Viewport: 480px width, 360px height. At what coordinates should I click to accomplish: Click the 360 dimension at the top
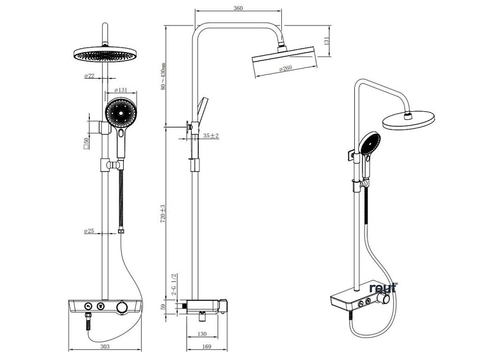pyautogui.click(x=238, y=8)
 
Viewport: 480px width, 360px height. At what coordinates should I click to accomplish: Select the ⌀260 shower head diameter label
pyautogui.click(x=283, y=69)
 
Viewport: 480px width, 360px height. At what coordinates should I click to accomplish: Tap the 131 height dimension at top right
pyautogui.click(x=326, y=40)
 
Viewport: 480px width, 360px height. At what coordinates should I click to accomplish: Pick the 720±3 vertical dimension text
pyautogui.click(x=163, y=213)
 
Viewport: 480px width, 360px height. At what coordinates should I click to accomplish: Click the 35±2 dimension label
pyautogui.click(x=211, y=136)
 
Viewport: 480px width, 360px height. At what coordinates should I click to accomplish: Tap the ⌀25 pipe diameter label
pyautogui.click(x=89, y=231)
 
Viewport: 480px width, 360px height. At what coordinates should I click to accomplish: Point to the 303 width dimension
pyautogui.click(x=105, y=347)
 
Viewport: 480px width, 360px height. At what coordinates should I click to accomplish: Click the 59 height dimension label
pyautogui.click(x=163, y=308)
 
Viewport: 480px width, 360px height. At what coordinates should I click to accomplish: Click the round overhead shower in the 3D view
pyautogui.click(x=409, y=119)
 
